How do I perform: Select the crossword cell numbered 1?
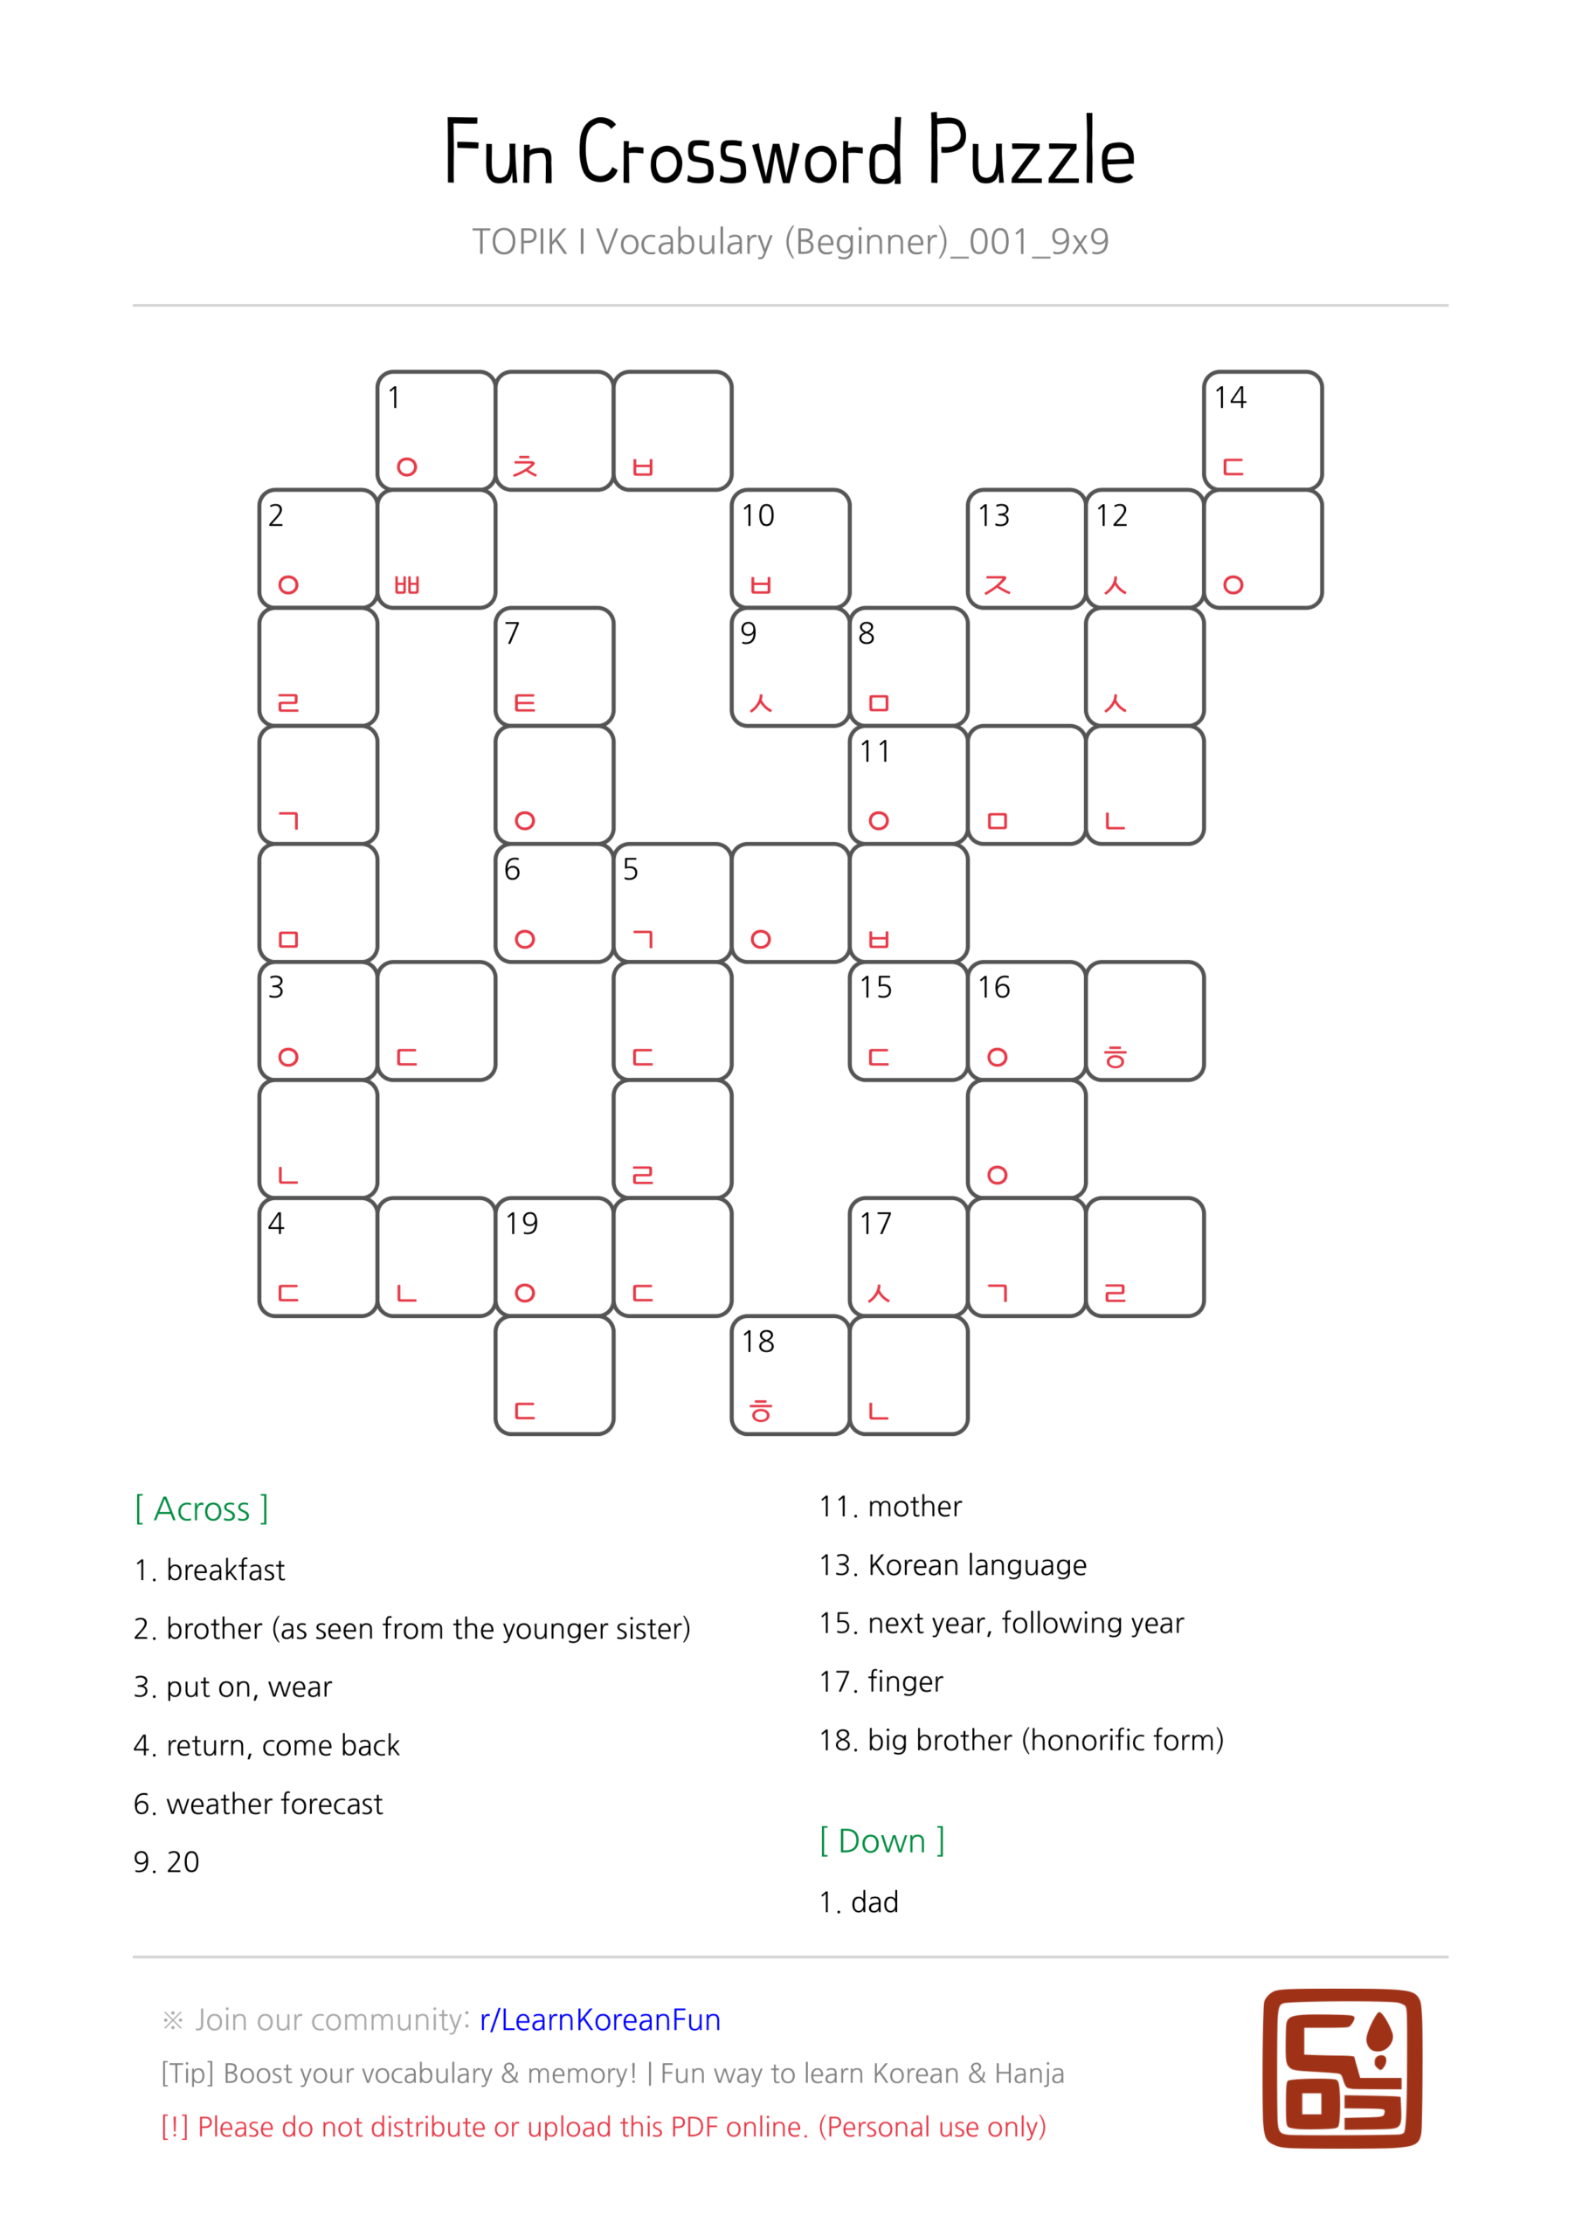coord(435,430)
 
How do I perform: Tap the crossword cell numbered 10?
coord(790,549)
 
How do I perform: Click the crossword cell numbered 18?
coord(790,1374)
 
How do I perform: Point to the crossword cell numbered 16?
coord(1026,1021)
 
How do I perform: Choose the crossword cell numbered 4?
coord(318,1256)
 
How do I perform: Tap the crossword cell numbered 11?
coord(908,784)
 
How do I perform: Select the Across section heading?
coord(202,1508)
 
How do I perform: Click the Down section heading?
coord(881,1840)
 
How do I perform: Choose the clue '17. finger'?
coord(881,1682)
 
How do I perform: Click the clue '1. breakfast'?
coord(210,1570)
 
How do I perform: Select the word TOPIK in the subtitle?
coord(519,242)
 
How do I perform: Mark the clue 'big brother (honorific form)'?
coord(1021,1740)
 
